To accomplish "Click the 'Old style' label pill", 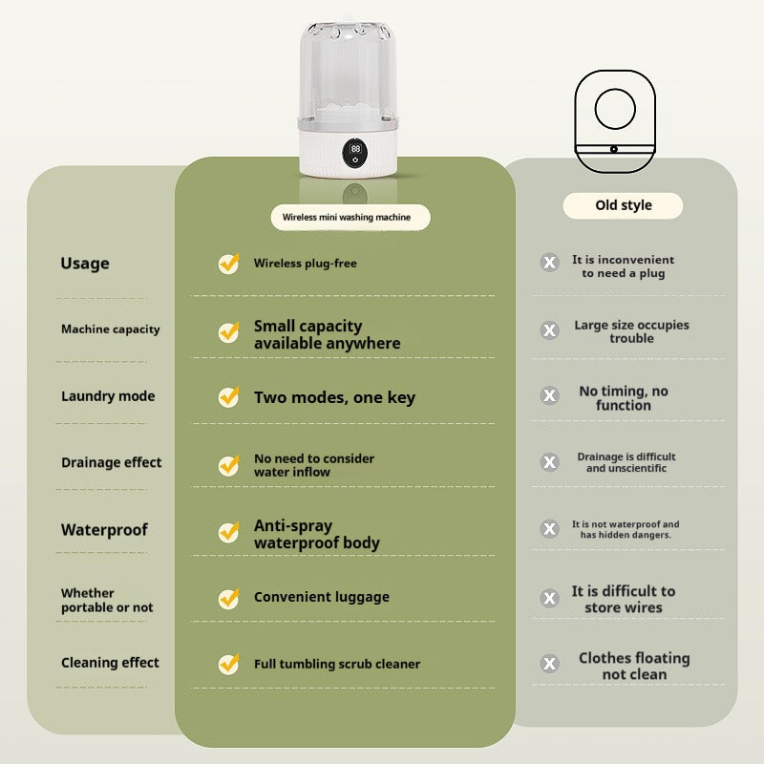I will [624, 205].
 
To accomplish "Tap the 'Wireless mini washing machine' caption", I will [347, 218].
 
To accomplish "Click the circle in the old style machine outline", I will [615, 109].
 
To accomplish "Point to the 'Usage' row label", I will [85, 264].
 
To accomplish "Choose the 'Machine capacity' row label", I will [111, 329].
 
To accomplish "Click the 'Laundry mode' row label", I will [108, 396].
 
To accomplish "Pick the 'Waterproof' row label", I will [105, 530].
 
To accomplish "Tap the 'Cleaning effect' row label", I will [111, 663].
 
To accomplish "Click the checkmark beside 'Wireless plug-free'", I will [228, 264].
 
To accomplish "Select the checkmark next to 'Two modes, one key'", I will [228, 397].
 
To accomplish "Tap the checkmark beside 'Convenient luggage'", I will [228, 598].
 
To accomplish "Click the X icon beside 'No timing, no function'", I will [549, 395].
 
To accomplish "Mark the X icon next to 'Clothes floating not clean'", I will [549, 664].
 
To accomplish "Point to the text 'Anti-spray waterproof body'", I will [317, 535].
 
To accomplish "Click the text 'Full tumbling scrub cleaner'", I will [337, 664].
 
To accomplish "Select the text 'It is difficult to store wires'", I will [624, 599].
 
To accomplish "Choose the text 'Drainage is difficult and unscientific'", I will [626, 462].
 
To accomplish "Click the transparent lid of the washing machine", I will [354, 72].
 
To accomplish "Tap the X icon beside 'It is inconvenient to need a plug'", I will [549, 263].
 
